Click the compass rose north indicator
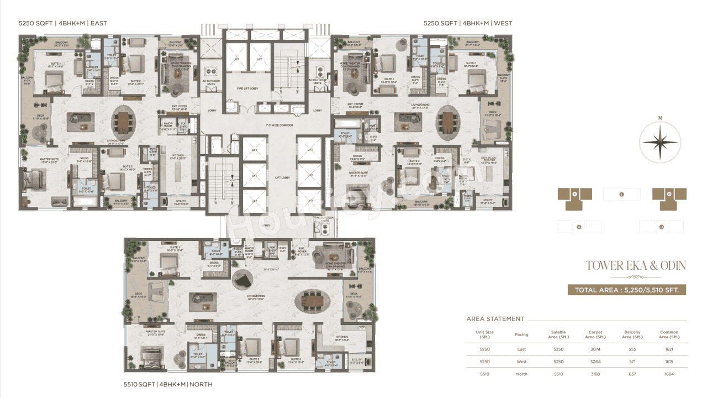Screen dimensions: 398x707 [x=660, y=142]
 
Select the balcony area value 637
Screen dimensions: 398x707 [x=632, y=374]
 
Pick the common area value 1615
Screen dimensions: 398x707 [x=669, y=362]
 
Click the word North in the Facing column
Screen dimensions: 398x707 [x=521, y=374]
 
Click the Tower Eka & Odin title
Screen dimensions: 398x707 [x=635, y=266]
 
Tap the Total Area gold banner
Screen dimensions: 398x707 [x=626, y=290]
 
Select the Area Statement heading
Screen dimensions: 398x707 [x=495, y=319]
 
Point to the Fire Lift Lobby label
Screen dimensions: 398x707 [x=248, y=88]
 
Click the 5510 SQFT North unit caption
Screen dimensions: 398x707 [x=168, y=384]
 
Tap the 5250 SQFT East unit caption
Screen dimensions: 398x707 [x=62, y=23]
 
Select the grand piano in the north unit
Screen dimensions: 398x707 [x=241, y=280]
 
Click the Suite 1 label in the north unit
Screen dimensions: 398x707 [x=175, y=248]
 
